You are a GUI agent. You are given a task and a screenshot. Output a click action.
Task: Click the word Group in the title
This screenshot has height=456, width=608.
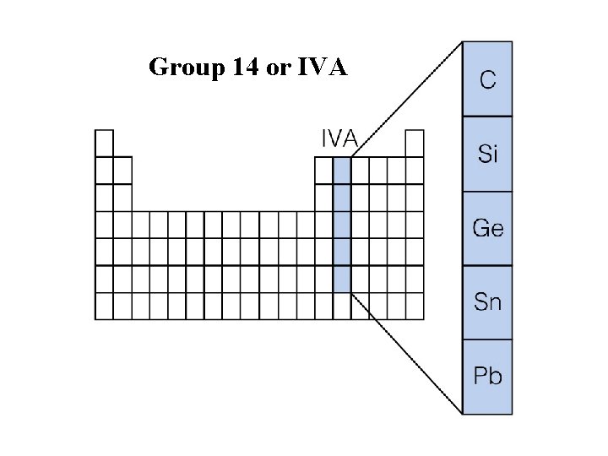(x=183, y=68)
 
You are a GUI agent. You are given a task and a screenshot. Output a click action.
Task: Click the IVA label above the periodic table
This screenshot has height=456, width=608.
(x=339, y=138)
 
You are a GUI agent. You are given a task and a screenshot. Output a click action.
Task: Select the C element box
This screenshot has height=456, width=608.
(x=487, y=79)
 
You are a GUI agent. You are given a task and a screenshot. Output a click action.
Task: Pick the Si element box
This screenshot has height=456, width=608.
(x=487, y=154)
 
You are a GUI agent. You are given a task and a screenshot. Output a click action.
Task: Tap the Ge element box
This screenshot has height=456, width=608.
(x=487, y=228)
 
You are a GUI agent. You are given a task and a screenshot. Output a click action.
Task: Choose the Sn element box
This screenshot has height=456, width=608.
(x=487, y=302)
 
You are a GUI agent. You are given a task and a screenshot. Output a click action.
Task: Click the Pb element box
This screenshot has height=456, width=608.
(x=487, y=377)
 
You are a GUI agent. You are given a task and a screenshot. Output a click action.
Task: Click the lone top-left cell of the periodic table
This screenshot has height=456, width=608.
(x=104, y=142)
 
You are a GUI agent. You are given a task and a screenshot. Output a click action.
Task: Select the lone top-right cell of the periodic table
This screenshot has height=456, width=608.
(x=415, y=142)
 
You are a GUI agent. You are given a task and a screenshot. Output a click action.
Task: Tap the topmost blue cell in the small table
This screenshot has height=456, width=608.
(x=342, y=170)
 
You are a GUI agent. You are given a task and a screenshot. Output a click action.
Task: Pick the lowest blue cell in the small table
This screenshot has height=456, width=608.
(x=342, y=279)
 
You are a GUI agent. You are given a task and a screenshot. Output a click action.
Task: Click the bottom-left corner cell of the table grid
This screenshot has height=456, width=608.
(x=104, y=306)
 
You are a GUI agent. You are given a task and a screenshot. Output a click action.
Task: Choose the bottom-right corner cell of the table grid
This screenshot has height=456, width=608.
(x=415, y=306)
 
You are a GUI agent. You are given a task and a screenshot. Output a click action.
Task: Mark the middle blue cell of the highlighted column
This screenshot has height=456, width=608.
(x=342, y=225)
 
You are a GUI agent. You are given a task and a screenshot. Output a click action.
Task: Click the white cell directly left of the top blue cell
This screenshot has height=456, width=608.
(x=323, y=170)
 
